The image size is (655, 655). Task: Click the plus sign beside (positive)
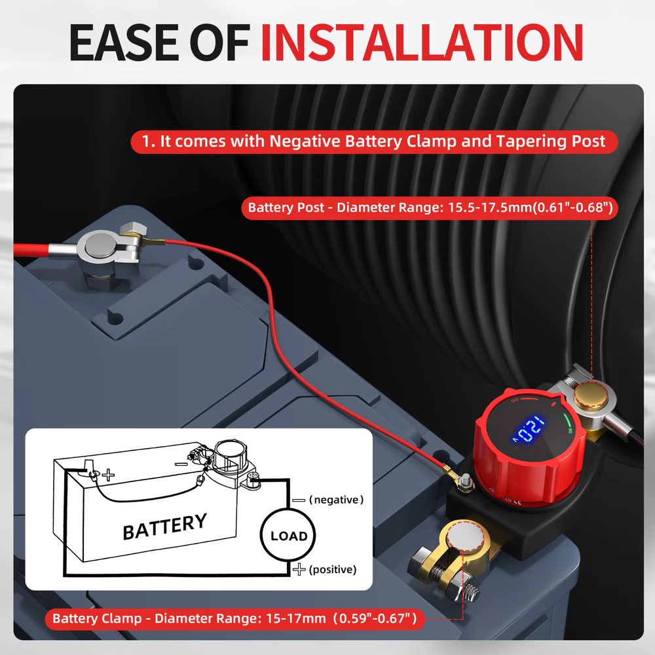click(x=299, y=569)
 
